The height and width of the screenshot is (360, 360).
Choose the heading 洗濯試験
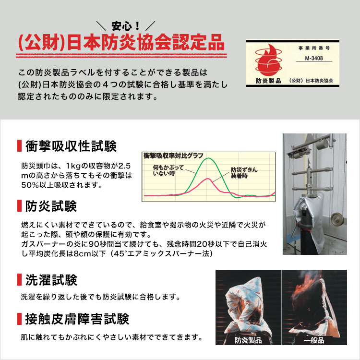[50, 280]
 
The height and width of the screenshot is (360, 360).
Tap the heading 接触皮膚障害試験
[77, 318]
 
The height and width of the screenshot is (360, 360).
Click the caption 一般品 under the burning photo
[314, 340]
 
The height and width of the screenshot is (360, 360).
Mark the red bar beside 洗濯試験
[19, 280]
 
